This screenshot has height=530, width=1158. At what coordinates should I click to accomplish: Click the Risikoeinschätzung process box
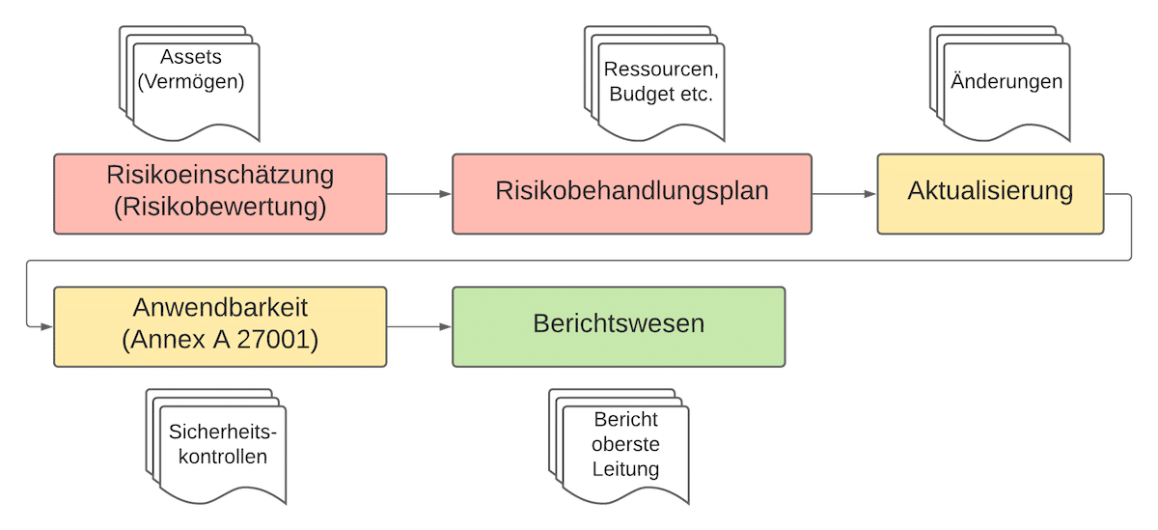(x=220, y=193)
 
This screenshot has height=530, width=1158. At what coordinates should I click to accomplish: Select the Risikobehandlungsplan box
(x=631, y=193)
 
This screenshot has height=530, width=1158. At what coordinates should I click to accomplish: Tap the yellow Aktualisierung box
(x=990, y=193)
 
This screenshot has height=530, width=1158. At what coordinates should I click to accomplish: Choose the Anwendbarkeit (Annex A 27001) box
(x=220, y=326)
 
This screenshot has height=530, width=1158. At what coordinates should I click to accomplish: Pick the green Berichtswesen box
(x=619, y=326)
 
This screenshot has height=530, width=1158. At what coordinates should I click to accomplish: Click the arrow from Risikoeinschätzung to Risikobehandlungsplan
(x=419, y=194)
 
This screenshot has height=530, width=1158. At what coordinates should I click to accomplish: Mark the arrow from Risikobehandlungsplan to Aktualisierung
(x=844, y=194)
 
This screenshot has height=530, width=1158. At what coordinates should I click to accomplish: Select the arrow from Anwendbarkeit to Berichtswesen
(x=419, y=327)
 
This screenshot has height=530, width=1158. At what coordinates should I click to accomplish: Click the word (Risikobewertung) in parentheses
(x=220, y=208)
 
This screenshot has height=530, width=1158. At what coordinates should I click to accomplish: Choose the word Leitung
(x=626, y=470)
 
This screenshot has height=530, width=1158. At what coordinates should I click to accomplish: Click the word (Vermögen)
(x=191, y=83)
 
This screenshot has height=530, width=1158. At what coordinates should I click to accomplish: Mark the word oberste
(x=626, y=445)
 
